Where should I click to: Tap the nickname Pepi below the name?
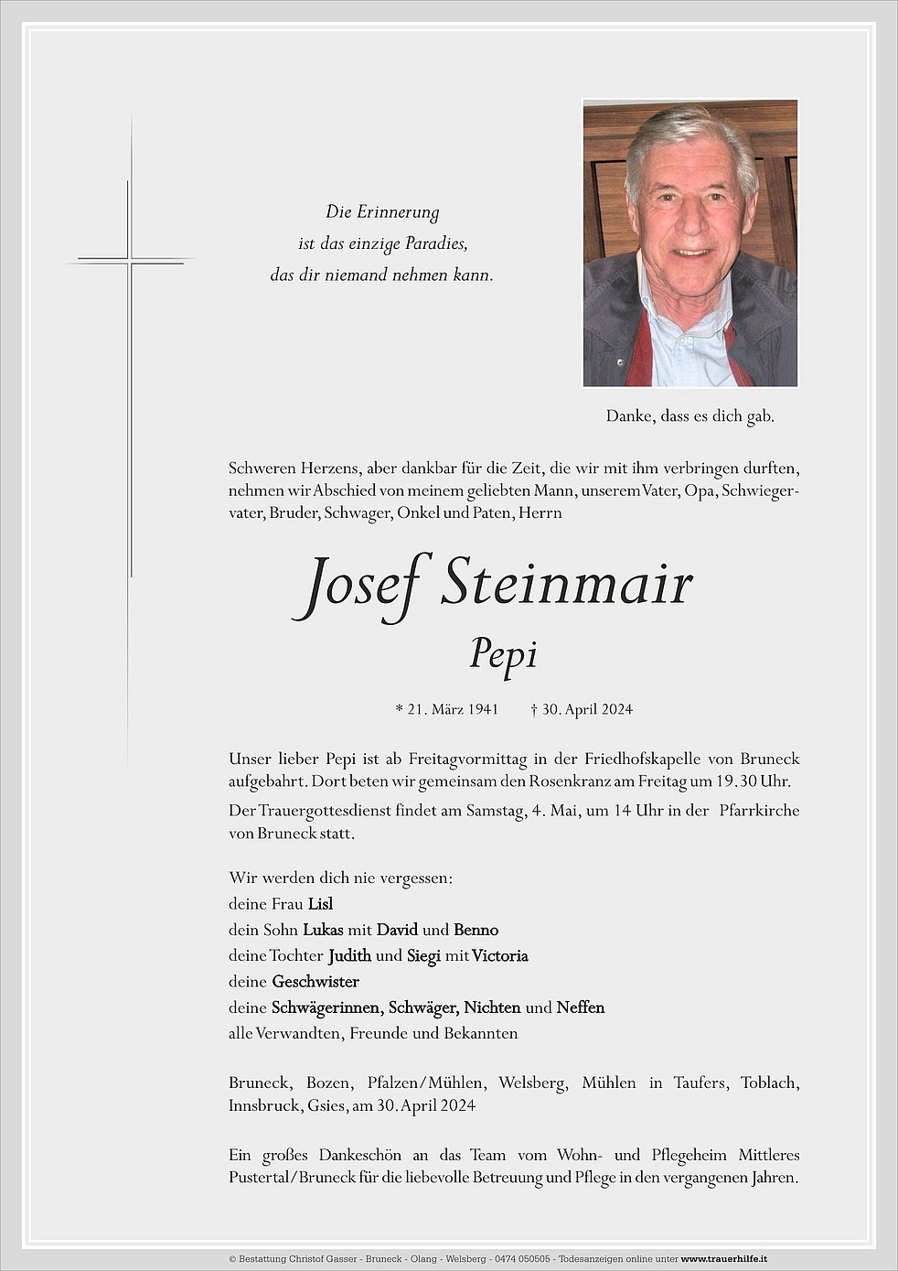coord(503,653)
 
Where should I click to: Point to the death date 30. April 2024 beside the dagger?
coord(587,709)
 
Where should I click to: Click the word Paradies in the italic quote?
coord(436,243)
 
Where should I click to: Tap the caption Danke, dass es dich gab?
coord(690,416)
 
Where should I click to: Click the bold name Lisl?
coord(320,904)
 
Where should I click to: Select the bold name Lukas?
coord(323,930)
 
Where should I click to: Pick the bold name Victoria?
coord(500,956)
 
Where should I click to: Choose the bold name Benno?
coord(476,930)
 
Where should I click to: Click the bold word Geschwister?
coord(315,982)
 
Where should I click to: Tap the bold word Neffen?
coord(581,1007)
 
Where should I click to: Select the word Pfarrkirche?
coord(759,811)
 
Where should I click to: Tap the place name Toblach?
coord(770,1083)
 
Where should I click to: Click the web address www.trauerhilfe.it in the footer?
coord(723,1259)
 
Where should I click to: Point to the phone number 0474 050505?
coord(522,1259)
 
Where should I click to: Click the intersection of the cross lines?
coord(129,262)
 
